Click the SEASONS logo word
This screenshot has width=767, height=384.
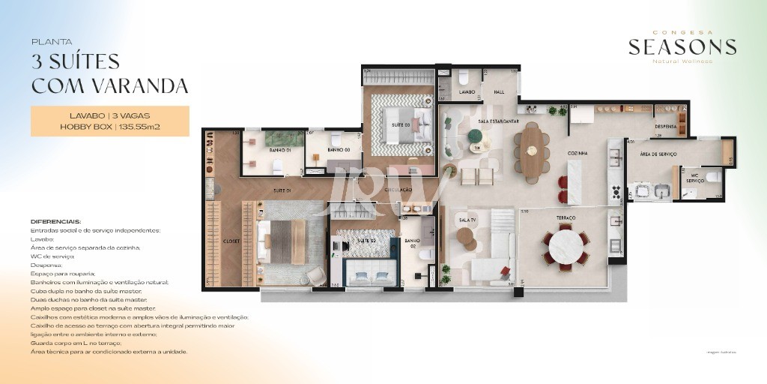pyautogui.click(x=682, y=47)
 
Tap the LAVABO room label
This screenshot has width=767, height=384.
pyautogui.click(x=467, y=92)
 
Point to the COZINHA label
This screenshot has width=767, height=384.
pyautogui.click(x=577, y=153)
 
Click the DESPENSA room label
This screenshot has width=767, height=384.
pyautogui.click(x=665, y=127)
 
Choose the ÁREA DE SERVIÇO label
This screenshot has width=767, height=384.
pyautogui.click(x=658, y=154)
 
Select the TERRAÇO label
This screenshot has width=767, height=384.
pyautogui.click(x=566, y=217)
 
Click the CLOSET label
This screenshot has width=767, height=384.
pyautogui.click(x=231, y=241)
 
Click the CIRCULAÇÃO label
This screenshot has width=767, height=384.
pyautogui.click(x=398, y=190)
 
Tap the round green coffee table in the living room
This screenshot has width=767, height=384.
pyautogui.click(x=474, y=136)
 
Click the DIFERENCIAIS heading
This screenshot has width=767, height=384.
pyautogui.click(x=56, y=222)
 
